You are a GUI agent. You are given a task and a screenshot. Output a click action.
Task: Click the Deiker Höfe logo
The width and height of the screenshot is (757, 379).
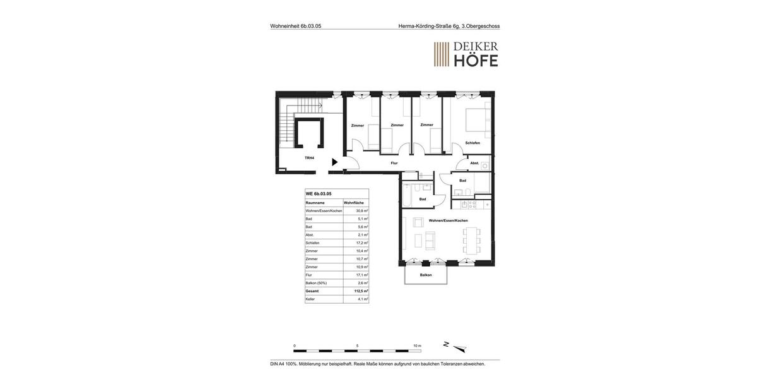pos(466,54)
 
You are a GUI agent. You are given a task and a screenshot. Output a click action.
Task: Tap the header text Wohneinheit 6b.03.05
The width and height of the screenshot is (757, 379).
pos(296,26)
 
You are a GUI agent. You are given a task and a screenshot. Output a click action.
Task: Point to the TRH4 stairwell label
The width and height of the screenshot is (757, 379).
pos(309,158)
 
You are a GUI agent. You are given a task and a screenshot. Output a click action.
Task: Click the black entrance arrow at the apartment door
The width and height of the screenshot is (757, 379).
pos(334,162)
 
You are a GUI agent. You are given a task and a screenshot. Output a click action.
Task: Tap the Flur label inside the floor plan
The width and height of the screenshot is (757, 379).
pos(394,163)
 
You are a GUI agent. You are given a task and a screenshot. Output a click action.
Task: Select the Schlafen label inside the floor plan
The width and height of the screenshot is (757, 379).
pos(472,143)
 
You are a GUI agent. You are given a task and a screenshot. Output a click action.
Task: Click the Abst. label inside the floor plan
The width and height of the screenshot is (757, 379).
pos(474,163)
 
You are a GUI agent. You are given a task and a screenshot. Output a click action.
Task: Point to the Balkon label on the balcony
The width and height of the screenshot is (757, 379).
pos(426,275)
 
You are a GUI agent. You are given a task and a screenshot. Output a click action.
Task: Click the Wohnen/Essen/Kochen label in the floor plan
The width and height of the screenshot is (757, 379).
pos(449,220)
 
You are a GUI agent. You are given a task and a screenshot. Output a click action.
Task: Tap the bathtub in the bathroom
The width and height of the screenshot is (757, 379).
pos(408,195)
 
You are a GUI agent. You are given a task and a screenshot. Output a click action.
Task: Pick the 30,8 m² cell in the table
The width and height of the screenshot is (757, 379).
pos(361,211)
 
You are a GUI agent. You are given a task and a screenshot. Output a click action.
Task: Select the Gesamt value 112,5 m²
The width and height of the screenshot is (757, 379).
pos(361,291)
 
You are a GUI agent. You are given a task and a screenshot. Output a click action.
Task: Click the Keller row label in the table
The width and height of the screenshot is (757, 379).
pos(310,299)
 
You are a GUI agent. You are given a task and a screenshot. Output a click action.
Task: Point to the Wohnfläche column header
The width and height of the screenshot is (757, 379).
pos(354,203)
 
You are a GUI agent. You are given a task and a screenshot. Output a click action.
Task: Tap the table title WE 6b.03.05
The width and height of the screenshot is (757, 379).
pos(319,194)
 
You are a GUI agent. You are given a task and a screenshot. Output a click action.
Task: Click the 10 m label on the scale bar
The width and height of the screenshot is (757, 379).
pos(417,346)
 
